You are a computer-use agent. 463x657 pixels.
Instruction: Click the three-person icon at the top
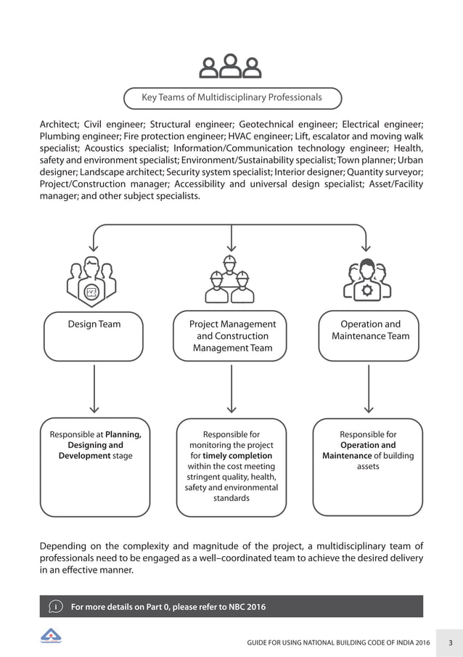pyautogui.click(x=231, y=66)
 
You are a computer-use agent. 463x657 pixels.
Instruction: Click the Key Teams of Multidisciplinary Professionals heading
pyautogui.click(x=231, y=97)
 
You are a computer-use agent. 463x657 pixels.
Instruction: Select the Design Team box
pyautogui.click(x=94, y=336)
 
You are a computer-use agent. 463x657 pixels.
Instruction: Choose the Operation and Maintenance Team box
pyautogui.click(x=370, y=336)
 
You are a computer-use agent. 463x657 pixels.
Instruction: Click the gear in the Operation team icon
pyautogui.click(x=368, y=290)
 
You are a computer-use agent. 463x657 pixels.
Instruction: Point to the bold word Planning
pyautogui.click(x=123, y=435)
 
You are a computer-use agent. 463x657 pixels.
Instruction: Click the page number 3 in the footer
pyautogui.click(x=450, y=642)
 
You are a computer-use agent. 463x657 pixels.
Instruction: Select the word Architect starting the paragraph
pyautogui.click(x=59, y=124)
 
